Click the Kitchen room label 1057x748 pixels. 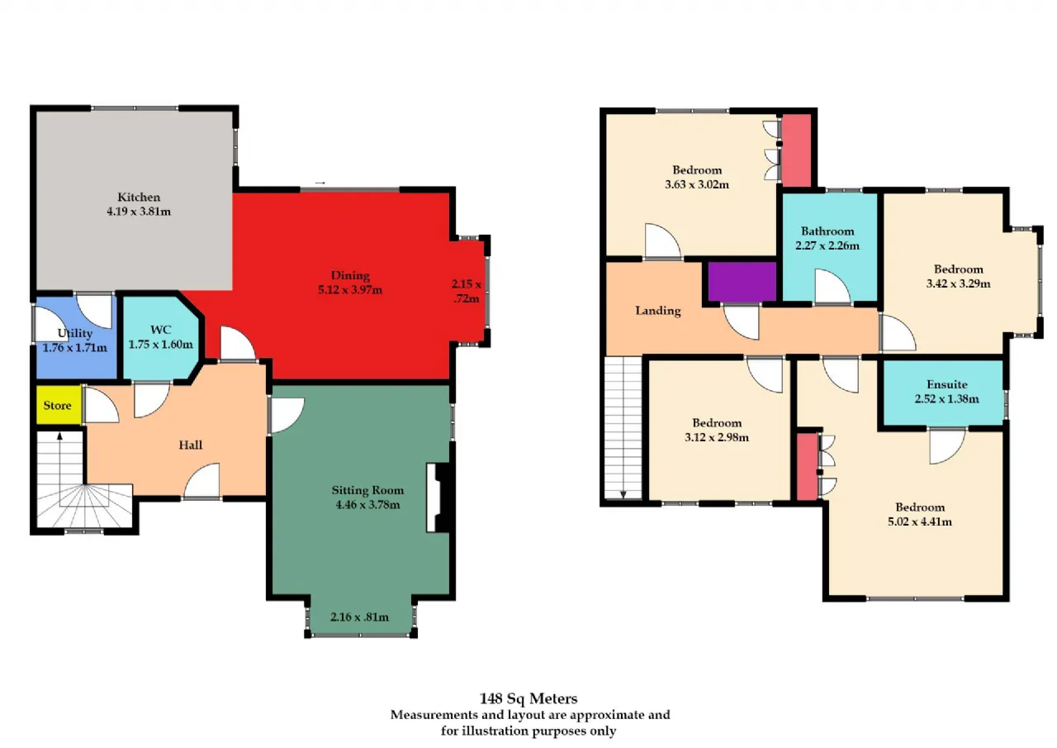coord(139,197)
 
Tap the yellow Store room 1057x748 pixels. coord(59,405)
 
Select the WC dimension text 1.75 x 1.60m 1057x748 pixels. coord(161,345)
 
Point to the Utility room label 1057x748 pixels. coord(75,333)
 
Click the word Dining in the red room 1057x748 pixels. coord(350,276)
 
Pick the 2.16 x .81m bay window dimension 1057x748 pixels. coord(359,617)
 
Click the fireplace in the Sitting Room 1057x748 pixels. coord(438,498)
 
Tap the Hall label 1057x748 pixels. coord(191,445)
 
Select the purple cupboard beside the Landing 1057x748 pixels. coord(742,282)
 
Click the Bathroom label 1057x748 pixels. coord(827,231)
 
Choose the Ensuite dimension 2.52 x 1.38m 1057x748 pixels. coord(946,398)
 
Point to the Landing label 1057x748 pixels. coord(658,311)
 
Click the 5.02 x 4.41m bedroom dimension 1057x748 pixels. coord(920,522)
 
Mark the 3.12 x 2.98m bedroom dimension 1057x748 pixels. coord(717,437)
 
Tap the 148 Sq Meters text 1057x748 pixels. coord(528,698)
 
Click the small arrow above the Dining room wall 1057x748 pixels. coord(320,183)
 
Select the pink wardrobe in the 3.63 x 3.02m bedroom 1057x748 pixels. coord(797,150)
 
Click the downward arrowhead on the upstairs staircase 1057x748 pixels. coord(623,495)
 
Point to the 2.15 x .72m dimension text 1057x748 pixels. coord(467,292)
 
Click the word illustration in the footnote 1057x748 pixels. coord(495,731)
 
